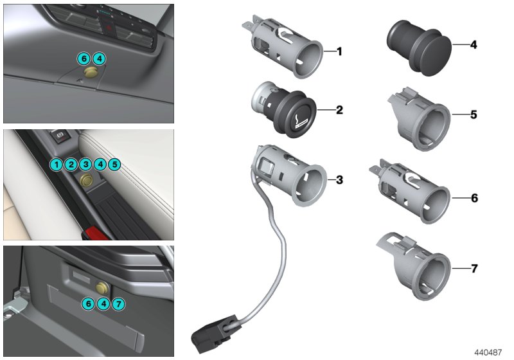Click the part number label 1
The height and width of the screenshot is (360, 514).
click(339, 51)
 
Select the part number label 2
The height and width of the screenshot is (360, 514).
click(339, 110)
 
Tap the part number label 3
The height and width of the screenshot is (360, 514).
click(339, 179)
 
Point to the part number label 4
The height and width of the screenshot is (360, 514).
click(474, 45)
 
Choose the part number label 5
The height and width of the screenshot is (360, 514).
click(474, 114)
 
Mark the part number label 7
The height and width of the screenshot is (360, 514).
click(474, 268)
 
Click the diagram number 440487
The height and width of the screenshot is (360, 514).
click(489, 352)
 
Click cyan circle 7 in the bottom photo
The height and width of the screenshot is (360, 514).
click(118, 303)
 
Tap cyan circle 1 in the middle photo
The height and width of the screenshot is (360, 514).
click(57, 165)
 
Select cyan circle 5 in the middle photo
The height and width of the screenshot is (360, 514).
click(114, 165)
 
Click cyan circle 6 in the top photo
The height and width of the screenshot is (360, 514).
click(84, 59)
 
